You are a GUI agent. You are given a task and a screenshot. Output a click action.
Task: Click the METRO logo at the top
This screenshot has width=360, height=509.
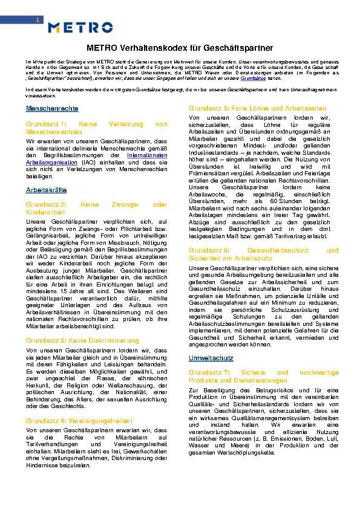(x=80, y=27)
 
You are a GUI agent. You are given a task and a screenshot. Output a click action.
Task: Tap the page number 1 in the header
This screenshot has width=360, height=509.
(x=38, y=21)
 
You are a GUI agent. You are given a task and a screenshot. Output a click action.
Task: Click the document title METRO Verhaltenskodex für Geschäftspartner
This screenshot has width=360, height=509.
(x=180, y=47)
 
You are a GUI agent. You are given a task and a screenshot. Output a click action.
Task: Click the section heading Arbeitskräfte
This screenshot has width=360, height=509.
(x=46, y=189)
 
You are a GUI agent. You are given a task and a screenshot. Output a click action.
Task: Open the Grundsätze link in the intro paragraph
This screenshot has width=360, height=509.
(x=250, y=78)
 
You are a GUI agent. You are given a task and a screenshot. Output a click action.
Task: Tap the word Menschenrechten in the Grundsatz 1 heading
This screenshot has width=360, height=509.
(x=54, y=131)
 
